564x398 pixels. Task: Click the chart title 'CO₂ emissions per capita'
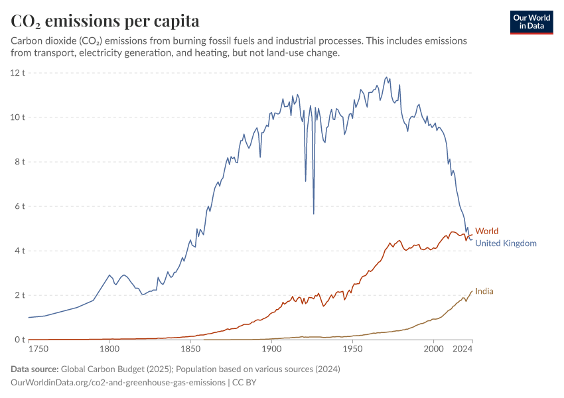click(105, 21)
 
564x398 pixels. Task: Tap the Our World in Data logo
click(531, 22)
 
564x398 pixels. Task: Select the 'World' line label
click(486, 232)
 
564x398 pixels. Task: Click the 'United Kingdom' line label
click(506, 243)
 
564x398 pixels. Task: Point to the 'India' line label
click(484, 291)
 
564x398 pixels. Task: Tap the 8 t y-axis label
click(19, 162)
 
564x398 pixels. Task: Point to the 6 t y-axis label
click(19, 206)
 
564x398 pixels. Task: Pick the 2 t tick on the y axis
click(19, 295)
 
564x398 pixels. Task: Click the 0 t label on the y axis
click(19, 340)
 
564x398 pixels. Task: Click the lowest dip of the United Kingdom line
click(313, 214)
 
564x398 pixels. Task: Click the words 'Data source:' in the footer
click(35, 369)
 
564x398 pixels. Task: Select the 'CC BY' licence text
click(245, 383)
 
